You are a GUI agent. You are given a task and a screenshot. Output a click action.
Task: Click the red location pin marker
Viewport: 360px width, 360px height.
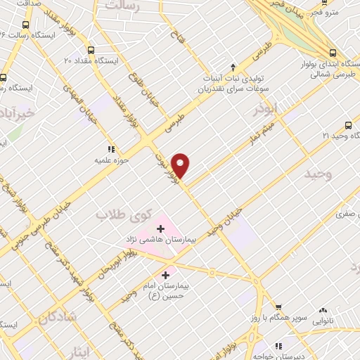point(181,165)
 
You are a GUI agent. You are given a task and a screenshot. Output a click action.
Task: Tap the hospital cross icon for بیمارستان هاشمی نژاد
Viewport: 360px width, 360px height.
point(161,228)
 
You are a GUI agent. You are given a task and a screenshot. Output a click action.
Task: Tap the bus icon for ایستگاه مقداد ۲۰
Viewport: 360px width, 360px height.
point(91,51)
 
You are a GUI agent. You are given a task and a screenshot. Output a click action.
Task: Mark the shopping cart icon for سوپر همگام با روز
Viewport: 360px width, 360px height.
point(279,307)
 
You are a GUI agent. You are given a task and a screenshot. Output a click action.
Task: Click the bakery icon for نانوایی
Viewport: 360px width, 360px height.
point(323,310)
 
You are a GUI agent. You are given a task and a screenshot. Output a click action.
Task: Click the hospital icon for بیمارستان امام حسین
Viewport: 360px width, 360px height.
point(166,275)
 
